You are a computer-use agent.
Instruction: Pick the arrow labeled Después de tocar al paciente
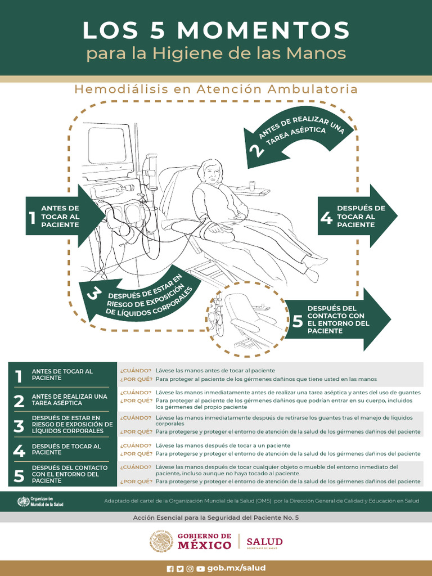[358, 216]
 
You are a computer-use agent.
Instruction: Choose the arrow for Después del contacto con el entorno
[337, 319]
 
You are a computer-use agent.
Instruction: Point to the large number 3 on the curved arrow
[94, 295]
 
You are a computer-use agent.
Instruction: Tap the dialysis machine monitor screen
[107, 146]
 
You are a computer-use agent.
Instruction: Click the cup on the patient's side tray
[252, 185]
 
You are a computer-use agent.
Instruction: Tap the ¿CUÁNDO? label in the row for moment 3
[136, 418]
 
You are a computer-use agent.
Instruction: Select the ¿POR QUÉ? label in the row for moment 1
[136, 379]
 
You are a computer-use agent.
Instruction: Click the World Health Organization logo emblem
[23, 501]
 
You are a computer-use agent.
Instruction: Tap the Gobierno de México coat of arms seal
[161, 542]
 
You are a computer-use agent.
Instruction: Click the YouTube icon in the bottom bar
[200, 569]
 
